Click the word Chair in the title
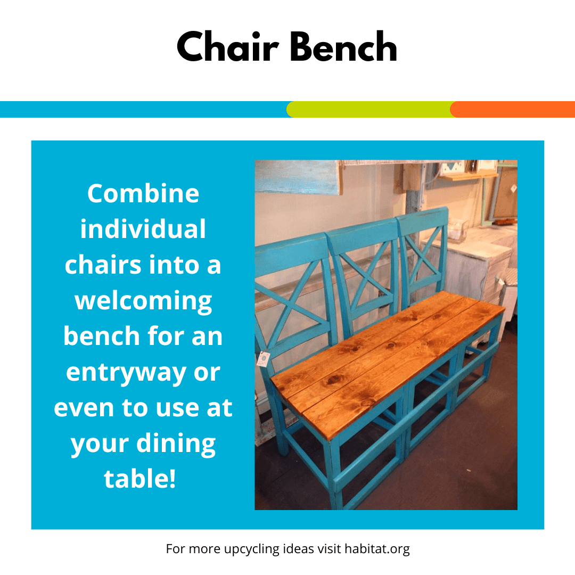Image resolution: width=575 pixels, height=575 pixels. [x=228, y=46]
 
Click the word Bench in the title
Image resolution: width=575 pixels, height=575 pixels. [x=343, y=46]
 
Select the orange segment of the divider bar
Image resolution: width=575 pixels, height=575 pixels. [x=513, y=109]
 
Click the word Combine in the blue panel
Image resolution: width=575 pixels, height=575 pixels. [x=143, y=193]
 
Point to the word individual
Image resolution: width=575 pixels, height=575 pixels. [x=143, y=229]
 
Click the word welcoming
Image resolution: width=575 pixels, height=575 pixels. [x=143, y=301]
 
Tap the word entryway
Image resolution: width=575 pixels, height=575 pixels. [x=126, y=373]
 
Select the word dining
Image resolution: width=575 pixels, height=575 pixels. [x=176, y=444]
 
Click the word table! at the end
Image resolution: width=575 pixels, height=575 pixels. [x=139, y=479]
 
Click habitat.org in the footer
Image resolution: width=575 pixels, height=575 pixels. [x=377, y=549]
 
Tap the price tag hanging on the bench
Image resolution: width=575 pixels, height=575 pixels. [x=264, y=359]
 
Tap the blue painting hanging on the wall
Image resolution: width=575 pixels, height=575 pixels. [x=297, y=177]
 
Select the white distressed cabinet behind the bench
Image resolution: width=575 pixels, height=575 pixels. [x=473, y=272]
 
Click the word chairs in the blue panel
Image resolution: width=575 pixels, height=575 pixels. [x=102, y=265]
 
